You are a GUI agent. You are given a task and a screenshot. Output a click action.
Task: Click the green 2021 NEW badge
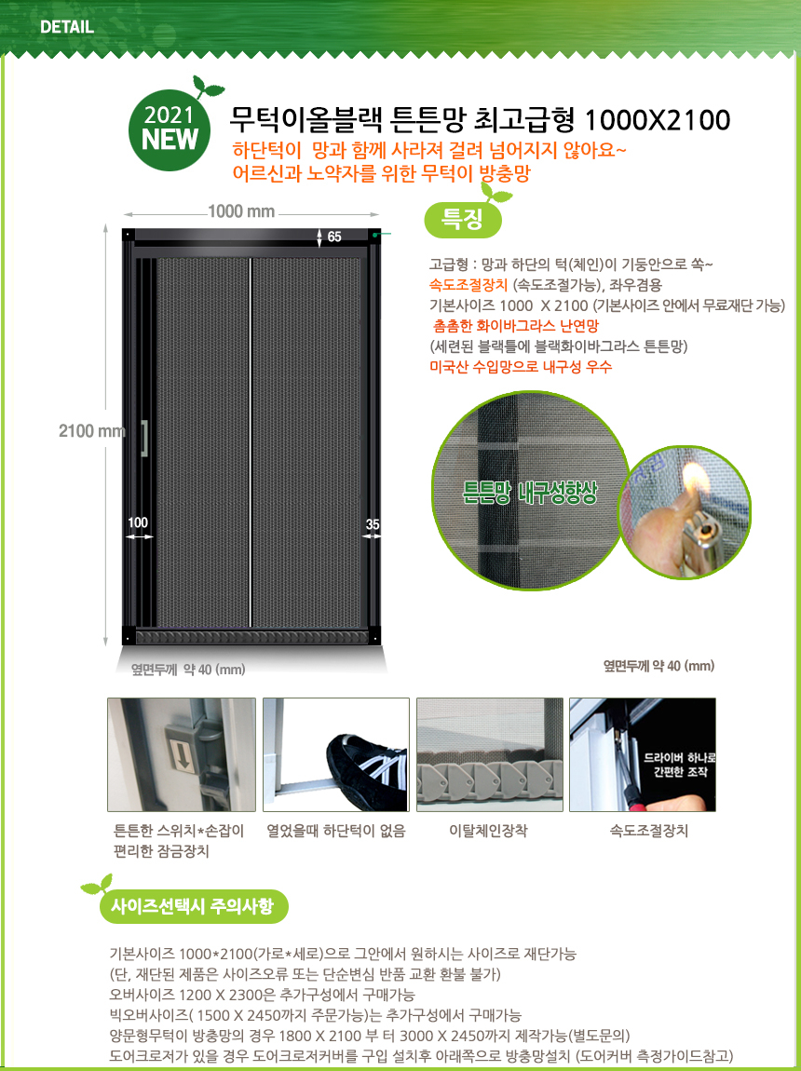tap(170, 129)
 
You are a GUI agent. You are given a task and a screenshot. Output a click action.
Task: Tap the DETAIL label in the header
tap(67, 28)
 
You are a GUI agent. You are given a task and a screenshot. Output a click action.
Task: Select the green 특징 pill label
tap(464, 219)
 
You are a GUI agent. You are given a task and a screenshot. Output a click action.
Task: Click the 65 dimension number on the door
tap(334, 237)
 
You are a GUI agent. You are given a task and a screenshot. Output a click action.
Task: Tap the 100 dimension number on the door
tap(138, 522)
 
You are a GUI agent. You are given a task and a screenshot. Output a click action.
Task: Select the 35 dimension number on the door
tap(373, 524)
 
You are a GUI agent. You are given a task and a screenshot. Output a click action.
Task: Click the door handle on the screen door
tap(144, 438)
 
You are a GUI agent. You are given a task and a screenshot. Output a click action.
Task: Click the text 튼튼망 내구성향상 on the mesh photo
tap(530, 493)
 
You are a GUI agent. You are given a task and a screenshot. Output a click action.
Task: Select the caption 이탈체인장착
tap(488, 831)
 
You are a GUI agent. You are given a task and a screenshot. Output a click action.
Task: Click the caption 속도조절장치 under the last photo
tap(649, 831)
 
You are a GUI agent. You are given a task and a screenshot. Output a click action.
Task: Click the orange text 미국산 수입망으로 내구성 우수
tap(521, 366)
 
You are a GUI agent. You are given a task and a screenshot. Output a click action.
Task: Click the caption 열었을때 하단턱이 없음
tap(336, 831)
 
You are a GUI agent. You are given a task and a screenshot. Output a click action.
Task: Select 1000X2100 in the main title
tap(658, 120)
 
